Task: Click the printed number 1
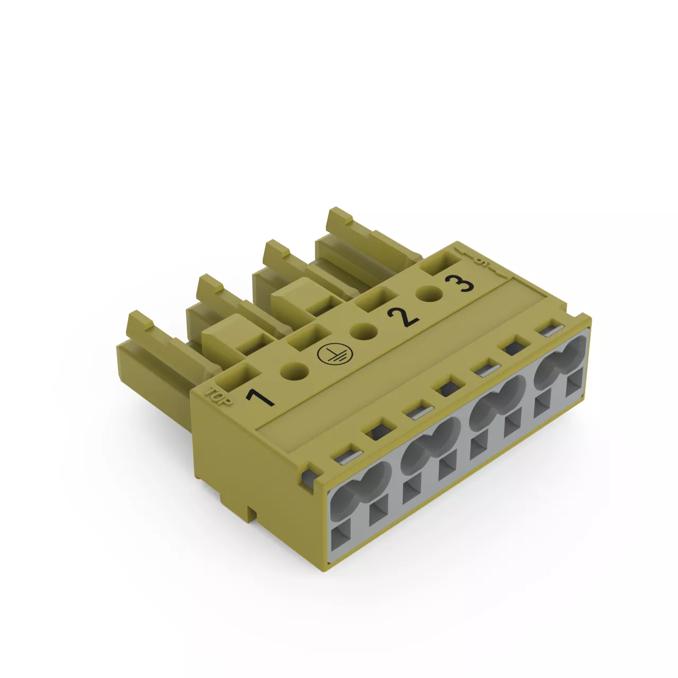pos(260,397)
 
